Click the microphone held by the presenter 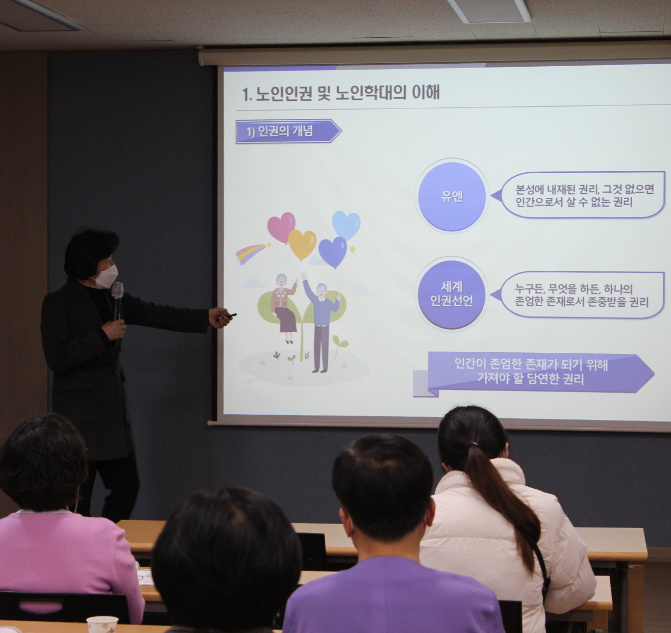click(117, 301)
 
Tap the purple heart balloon click(333, 252)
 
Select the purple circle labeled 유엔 click(452, 196)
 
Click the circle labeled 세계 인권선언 click(452, 294)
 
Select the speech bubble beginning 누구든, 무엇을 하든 click(578, 295)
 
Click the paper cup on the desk click(102, 625)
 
